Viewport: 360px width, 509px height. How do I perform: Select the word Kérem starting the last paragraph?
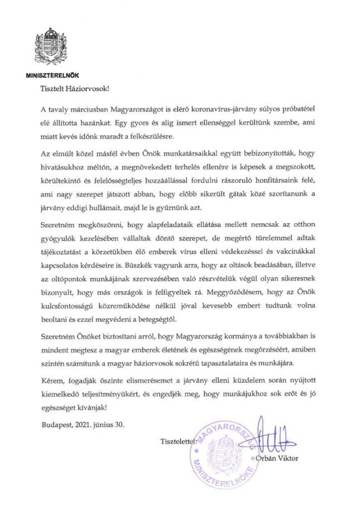click(x=52, y=383)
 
